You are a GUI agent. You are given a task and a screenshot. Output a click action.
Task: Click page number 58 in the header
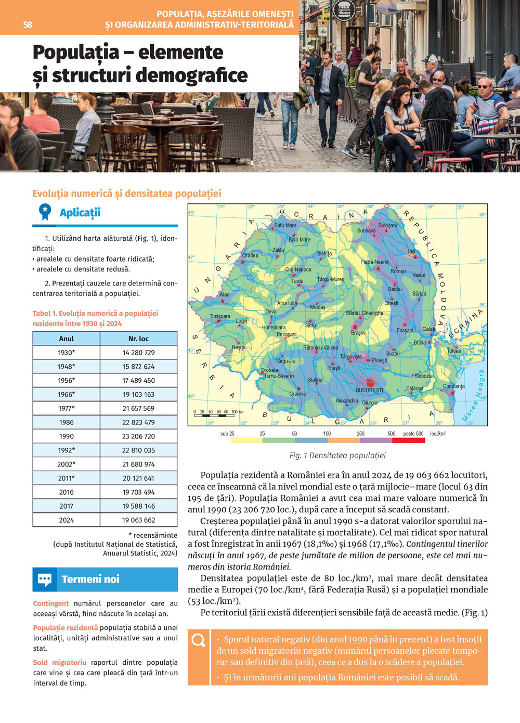pos(28,24)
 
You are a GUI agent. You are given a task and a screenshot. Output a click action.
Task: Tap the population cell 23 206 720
pos(138,436)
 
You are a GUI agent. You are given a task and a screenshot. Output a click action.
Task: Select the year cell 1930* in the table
pos(66,353)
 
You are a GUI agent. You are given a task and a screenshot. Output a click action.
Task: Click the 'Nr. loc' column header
pos(138,339)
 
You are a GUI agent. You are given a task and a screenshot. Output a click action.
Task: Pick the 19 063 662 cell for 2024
pos(138,520)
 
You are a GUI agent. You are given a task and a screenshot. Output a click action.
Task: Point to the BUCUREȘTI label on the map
pos(369,390)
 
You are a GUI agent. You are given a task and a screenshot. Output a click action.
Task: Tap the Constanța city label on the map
pos(453,386)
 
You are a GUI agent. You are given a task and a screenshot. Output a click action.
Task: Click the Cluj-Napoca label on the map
pos(298,269)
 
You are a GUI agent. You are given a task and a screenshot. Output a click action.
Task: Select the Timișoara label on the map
pos(219,316)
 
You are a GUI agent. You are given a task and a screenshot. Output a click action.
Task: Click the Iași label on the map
pos(412,251)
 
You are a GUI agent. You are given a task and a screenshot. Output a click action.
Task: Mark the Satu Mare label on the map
pos(285,225)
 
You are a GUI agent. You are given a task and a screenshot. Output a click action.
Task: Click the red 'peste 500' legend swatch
pos(408,441)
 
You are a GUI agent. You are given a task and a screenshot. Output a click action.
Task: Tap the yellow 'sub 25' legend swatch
pos(246,441)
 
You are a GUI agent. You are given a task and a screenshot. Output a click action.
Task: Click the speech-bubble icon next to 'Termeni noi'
pos(45,579)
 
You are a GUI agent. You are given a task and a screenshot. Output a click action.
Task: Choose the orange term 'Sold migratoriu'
pos(59,663)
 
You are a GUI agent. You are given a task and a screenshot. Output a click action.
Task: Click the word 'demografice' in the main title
pos(191,75)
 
